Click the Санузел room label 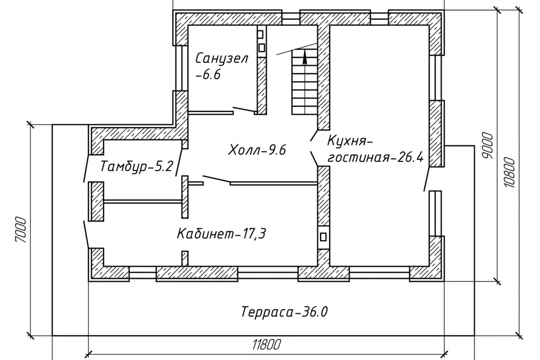click(222, 58)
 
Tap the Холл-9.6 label click(257, 150)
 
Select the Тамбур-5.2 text click(136, 166)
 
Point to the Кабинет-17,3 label click(222, 234)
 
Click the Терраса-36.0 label click(284, 312)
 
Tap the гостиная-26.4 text click(375, 157)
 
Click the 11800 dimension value click(267, 344)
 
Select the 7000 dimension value click(21, 229)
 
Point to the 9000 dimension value click(488, 145)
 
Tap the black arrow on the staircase click(305, 57)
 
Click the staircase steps click(304, 82)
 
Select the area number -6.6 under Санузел click(208, 75)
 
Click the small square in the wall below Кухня click(323, 237)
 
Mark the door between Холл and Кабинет click(216, 179)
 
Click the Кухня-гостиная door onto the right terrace click(427, 179)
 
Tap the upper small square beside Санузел click(260, 34)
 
